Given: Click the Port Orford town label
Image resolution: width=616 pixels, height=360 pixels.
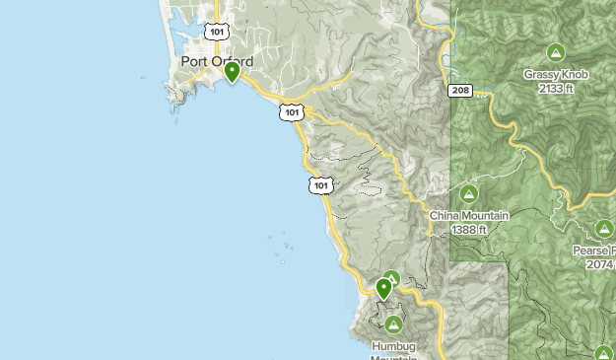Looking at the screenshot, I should click(x=217, y=61).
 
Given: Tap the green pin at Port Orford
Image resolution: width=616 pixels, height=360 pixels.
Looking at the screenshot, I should click(x=233, y=72).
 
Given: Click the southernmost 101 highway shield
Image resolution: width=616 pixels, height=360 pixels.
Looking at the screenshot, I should click(x=320, y=184).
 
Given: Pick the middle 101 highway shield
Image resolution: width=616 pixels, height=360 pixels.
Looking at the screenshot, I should click(x=290, y=111).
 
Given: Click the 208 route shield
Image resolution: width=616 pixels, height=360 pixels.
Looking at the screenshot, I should click(x=459, y=91).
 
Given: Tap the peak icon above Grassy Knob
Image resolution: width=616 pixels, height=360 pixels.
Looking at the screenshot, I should click(x=555, y=52).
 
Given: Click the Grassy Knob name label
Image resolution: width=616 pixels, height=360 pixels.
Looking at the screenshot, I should click(x=555, y=74).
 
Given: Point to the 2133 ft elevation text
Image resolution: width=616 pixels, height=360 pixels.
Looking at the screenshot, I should click(x=556, y=88).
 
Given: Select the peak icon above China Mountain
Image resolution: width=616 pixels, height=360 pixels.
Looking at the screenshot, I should click(x=468, y=193).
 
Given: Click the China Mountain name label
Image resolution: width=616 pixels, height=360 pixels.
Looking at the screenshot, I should click(x=469, y=215).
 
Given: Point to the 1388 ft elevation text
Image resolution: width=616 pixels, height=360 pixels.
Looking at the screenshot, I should click(x=469, y=229).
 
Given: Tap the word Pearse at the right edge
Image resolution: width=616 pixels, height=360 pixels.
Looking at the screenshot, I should click(x=592, y=251).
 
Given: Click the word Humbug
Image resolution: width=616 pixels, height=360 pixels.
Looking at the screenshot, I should click(x=393, y=345).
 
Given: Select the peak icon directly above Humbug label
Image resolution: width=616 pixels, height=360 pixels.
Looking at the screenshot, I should click(x=393, y=324).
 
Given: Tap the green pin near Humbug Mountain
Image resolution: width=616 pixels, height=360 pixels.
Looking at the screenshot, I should click(x=383, y=288).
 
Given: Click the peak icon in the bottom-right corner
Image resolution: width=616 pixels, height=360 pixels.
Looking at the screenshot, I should click(x=604, y=351).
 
